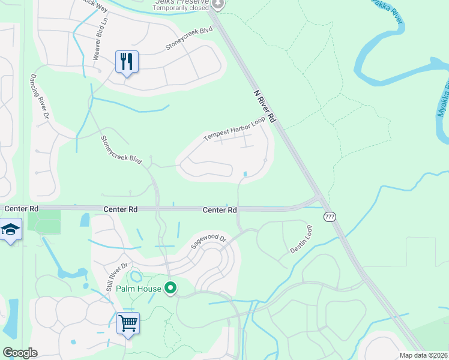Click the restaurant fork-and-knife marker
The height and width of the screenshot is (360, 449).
pyautogui.click(x=127, y=62)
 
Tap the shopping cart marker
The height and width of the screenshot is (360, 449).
pyautogui.click(x=128, y=323)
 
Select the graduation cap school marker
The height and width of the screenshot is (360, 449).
pyautogui.click(x=10, y=230)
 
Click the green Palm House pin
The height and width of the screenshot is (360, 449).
pyautogui.click(x=170, y=289)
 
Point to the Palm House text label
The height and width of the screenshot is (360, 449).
pyautogui.click(x=139, y=289)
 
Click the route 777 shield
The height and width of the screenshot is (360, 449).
pyautogui.click(x=329, y=217)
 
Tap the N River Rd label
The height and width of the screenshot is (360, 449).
pyautogui.click(x=264, y=107)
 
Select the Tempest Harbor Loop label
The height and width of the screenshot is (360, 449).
pyautogui.click(x=234, y=129)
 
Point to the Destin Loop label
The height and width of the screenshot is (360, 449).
pyautogui.click(x=301, y=239)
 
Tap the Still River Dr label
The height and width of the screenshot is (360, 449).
pyautogui.click(x=118, y=277)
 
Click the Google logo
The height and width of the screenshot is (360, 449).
pyautogui.click(x=20, y=353)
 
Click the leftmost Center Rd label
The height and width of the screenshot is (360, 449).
pyautogui.click(x=22, y=209)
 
